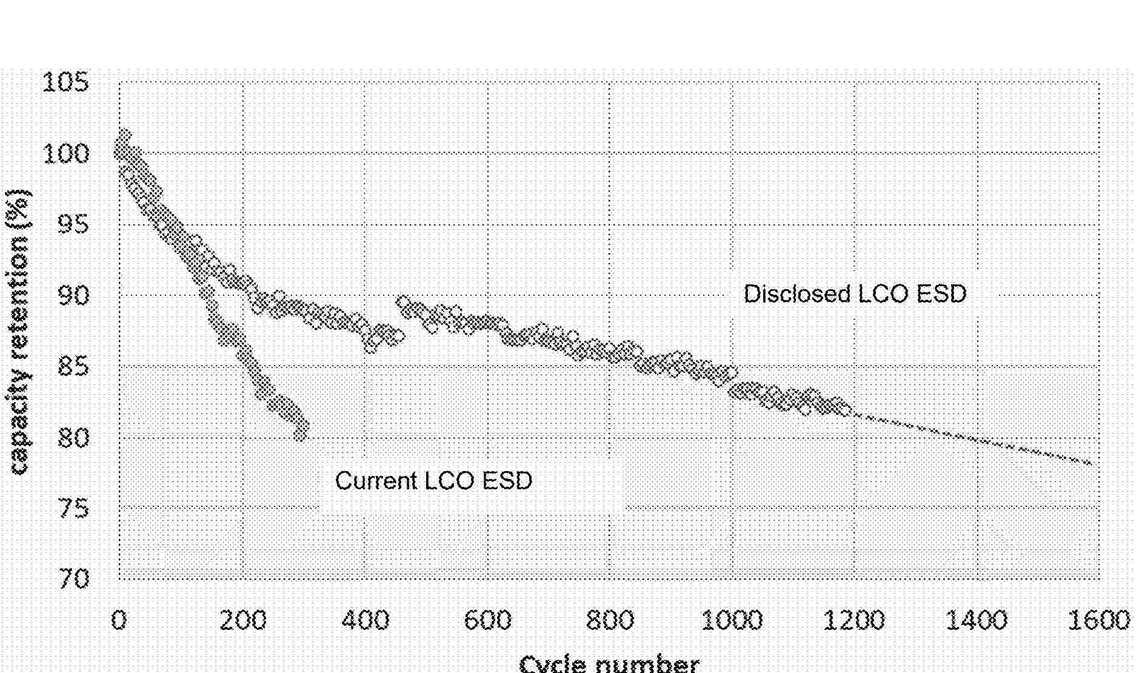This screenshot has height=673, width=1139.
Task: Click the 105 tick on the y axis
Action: click(65, 82)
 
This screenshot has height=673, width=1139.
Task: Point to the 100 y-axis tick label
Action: click(65, 153)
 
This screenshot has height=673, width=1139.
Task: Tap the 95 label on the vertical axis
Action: click(73, 224)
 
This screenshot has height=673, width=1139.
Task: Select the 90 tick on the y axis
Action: click(73, 295)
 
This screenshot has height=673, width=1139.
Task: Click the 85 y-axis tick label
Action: click(73, 366)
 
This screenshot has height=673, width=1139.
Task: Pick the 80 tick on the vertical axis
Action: click(73, 437)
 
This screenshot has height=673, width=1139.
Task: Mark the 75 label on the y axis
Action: click(73, 508)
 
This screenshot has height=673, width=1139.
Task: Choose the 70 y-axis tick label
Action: click(73, 579)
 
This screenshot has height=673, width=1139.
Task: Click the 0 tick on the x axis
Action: click(119, 620)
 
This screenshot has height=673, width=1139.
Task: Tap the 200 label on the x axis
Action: click(242, 620)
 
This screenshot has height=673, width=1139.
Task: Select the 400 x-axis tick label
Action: click(365, 620)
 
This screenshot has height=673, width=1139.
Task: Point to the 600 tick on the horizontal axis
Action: click(487, 620)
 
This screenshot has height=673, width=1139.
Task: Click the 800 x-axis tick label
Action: click(610, 620)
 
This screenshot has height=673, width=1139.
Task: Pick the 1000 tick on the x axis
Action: click(732, 620)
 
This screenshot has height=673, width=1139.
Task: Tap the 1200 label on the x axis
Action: click(854, 620)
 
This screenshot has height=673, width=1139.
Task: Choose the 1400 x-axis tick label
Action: click(977, 620)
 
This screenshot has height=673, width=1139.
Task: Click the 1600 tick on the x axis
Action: click(1098, 620)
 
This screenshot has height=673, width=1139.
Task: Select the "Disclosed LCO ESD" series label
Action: click(855, 294)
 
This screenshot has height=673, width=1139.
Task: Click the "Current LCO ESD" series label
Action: click(433, 481)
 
